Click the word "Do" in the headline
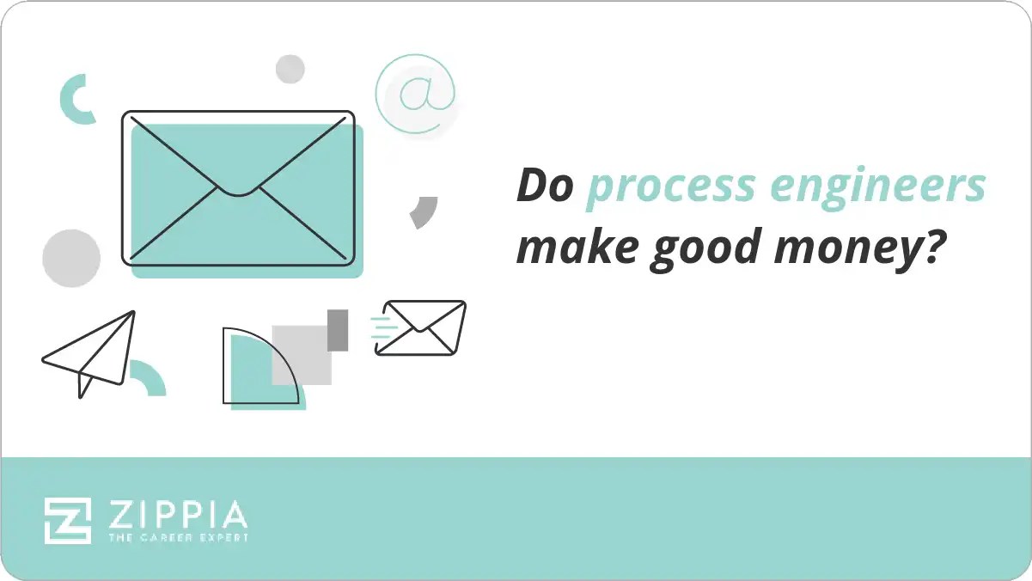coord(544,186)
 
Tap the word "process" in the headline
coord(658,187)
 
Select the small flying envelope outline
coord(421,327)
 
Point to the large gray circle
coord(71,258)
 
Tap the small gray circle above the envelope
coord(290,69)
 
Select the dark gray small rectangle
coord(338,330)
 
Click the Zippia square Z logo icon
coord(68,520)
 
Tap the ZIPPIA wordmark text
coord(178,515)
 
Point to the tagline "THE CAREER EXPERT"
coord(178,538)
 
